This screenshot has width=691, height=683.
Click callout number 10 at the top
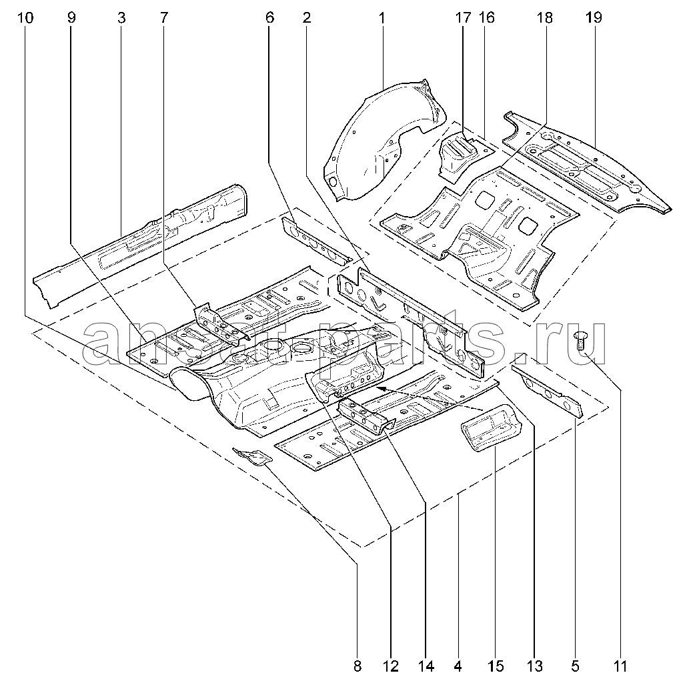pos(25,17)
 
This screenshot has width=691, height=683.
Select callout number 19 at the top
pos(594,17)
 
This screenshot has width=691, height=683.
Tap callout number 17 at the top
pos(463,17)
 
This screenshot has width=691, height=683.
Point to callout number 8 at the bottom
pos(358,666)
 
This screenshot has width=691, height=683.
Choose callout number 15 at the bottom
pos(496,666)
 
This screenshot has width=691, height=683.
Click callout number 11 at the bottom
pos(620,666)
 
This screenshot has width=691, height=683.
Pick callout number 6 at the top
pos(269,17)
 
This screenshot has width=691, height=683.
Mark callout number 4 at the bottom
pos(458,666)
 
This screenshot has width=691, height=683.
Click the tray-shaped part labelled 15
pos(490,428)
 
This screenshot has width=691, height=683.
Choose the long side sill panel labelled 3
pos(141,247)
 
